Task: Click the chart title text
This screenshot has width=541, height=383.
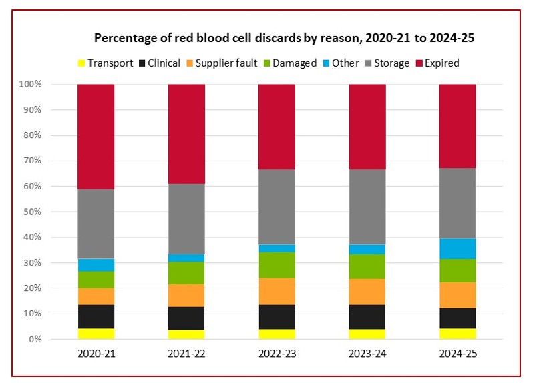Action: [x=284, y=37]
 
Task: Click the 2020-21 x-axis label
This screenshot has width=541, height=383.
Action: [x=96, y=354]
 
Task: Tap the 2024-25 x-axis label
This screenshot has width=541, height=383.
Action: [x=457, y=354]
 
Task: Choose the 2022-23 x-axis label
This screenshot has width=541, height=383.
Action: [x=277, y=354]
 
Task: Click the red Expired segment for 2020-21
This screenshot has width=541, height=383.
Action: [x=96, y=137]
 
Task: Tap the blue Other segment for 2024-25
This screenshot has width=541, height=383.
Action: [x=457, y=248]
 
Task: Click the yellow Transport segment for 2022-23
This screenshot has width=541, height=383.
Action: [x=277, y=334]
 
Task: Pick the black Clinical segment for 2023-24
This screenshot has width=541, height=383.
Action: [x=367, y=317]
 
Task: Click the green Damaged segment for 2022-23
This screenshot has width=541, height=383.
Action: [x=277, y=265]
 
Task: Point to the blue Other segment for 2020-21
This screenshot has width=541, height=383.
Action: [x=96, y=264]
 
